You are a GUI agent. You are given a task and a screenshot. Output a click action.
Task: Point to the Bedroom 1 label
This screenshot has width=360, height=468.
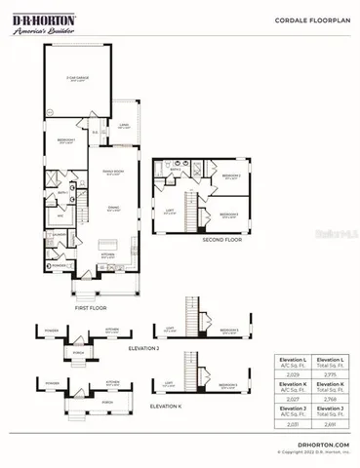pos(64,138)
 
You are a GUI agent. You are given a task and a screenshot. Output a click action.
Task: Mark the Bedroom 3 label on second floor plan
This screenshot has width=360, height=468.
pos(230,213)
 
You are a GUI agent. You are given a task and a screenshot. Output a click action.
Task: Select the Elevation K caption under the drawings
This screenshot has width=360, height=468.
pos(163,404)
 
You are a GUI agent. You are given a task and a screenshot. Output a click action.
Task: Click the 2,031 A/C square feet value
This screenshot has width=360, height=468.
pos(293,422)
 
